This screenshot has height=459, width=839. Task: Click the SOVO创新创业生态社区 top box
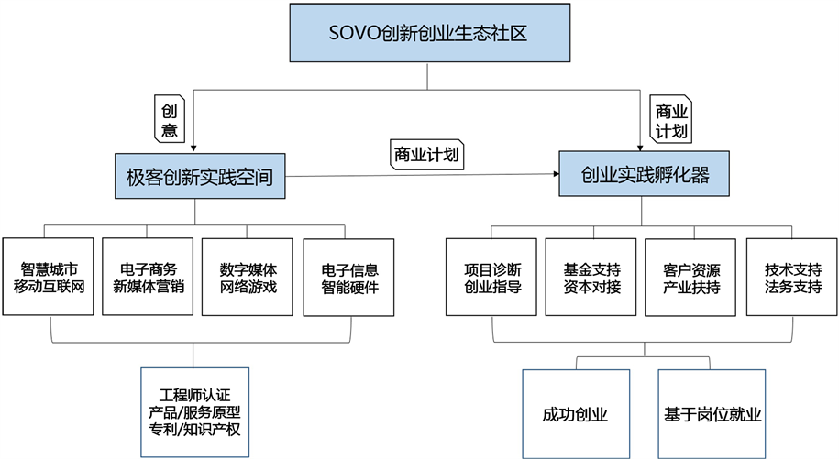426,35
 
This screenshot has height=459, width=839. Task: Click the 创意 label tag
169,118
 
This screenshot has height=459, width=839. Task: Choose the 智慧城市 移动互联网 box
49,278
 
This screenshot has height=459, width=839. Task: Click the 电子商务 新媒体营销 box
149,278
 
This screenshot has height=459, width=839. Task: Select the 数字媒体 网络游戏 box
248,278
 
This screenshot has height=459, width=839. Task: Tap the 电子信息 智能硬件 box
348,278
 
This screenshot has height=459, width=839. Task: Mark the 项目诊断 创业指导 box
492,278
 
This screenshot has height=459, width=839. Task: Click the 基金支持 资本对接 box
591,278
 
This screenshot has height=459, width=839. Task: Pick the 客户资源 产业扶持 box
690,278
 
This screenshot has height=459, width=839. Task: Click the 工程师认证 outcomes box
193,411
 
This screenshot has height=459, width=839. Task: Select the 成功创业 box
576,413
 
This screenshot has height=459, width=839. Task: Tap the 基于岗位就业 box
711,413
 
